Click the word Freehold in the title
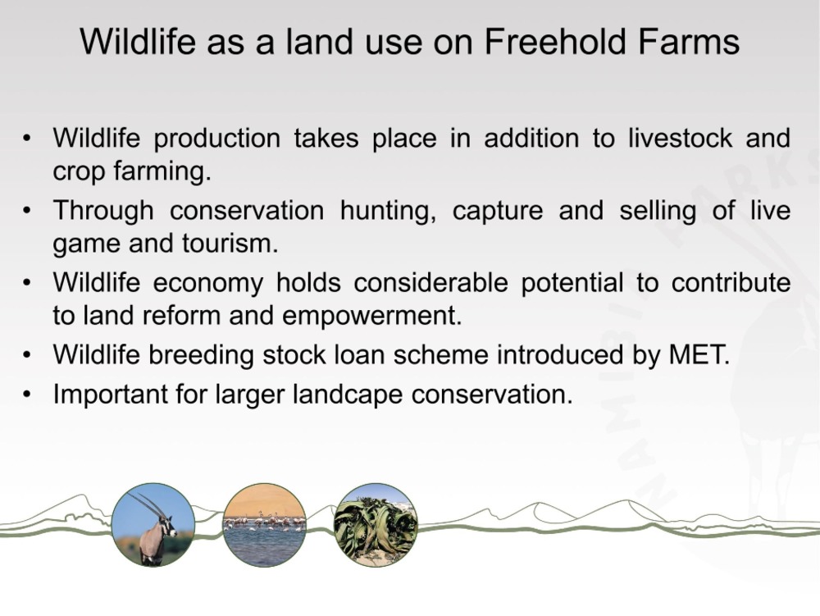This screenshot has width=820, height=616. [x=553, y=41]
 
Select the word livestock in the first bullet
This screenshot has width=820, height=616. [x=680, y=138]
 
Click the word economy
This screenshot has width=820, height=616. [x=208, y=284]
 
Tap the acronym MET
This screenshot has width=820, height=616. [x=699, y=354]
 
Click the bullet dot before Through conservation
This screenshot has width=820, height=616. [x=27, y=212]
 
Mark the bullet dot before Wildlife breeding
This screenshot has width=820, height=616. [x=27, y=356]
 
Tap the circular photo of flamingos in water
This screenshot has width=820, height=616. [x=264, y=524]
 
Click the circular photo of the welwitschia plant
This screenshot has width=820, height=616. [x=376, y=524]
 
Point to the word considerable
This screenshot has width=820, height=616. [x=430, y=283]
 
